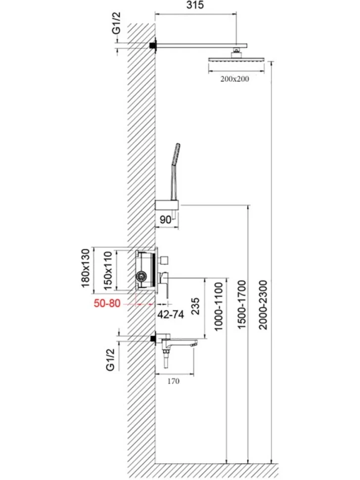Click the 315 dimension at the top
point(195,5)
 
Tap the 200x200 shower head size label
point(234,79)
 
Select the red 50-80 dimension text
point(107,304)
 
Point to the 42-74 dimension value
point(171,314)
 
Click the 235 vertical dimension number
point(195,306)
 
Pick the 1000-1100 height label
point(219,306)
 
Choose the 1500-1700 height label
point(242,305)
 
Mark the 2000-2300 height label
point(263,305)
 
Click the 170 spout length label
point(174,382)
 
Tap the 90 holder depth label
point(166,220)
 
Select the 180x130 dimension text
point(86,268)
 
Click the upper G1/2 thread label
point(117,23)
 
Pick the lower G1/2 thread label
point(110,360)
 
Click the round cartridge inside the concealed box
point(141,277)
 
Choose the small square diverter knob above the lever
point(164,260)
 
